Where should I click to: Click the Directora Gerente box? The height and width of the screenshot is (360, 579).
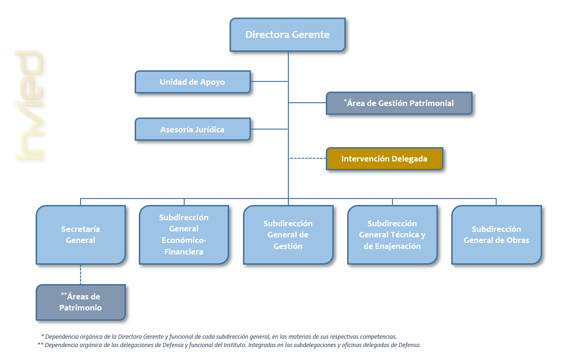(287, 35)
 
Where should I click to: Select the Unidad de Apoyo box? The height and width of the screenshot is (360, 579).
(193, 82)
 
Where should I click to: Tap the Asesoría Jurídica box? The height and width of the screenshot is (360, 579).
(193, 129)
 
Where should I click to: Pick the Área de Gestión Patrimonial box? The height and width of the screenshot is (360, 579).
(399, 103)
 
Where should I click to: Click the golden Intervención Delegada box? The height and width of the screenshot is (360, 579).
(384, 159)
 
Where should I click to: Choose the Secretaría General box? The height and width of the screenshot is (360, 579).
(81, 235)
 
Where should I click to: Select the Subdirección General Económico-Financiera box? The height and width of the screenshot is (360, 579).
(184, 235)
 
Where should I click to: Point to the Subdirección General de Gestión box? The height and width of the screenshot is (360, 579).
(288, 235)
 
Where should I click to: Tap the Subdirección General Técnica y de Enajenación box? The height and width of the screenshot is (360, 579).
(392, 235)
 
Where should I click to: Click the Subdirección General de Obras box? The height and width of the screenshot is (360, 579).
(496, 235)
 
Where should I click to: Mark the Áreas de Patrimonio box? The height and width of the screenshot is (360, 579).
(81, 302)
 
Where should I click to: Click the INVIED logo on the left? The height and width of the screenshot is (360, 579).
(29, 106)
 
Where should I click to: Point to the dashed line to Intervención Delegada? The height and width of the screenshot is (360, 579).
(307, 158)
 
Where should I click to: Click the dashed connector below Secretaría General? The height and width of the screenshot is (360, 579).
(81, 274)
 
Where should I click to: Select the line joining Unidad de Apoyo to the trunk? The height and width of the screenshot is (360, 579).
(269, 81)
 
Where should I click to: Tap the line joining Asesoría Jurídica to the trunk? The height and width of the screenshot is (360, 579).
(269, 129)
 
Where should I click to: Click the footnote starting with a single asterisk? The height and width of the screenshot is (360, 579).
(218, 337)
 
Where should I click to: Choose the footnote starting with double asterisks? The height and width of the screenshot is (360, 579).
(229, 345)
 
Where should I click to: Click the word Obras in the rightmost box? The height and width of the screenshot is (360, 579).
(518, 240)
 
